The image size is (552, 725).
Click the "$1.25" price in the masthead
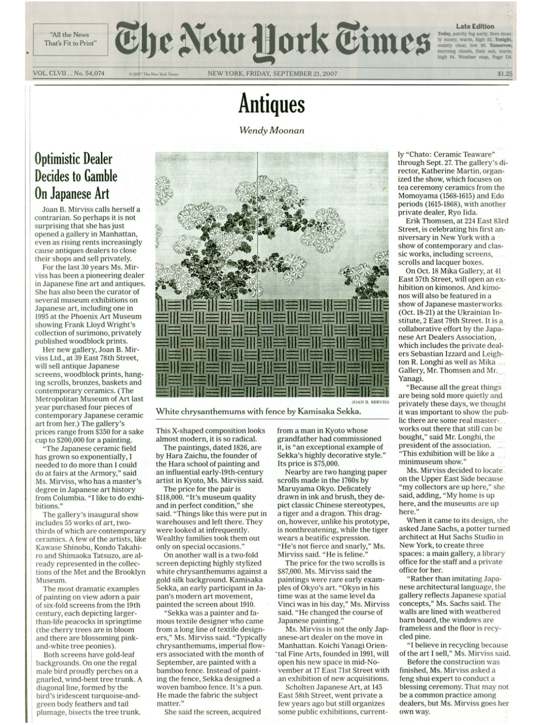pos(504,73)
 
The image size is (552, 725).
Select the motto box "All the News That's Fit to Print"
pos(70,39)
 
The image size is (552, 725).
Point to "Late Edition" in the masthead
pos(475,26)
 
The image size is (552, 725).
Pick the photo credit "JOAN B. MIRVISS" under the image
pos(371,402)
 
